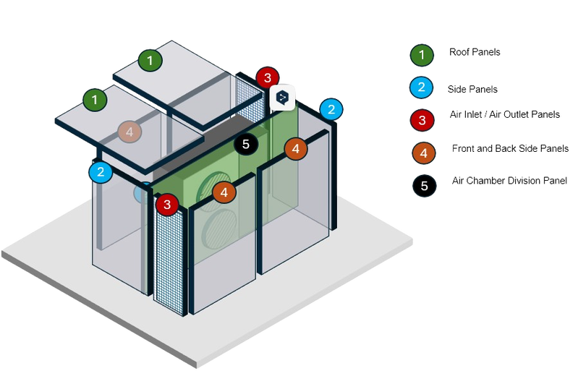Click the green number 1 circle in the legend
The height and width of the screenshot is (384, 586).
[421, 54]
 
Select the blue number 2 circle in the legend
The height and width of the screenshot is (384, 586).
[421, 88]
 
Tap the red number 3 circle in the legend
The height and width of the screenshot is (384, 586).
[421, 119]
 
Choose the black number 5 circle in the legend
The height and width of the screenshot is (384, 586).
[424, 186]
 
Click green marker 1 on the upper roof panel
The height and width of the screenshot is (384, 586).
[150, 60]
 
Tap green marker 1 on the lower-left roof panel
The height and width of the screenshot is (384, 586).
[94, 98]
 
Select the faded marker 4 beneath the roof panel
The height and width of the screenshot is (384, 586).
[129, 132]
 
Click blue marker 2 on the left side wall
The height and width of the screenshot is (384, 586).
[101, 172]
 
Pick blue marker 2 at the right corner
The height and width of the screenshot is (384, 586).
[331, 109]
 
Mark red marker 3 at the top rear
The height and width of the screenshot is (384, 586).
[267, 77]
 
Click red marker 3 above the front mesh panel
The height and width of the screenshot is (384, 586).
[167, 204]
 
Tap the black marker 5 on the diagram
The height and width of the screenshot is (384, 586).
[246, 144]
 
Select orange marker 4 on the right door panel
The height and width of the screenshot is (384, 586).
[296, 148]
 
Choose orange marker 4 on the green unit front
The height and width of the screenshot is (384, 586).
[224, 192]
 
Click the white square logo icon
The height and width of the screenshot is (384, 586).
[283, 96]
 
